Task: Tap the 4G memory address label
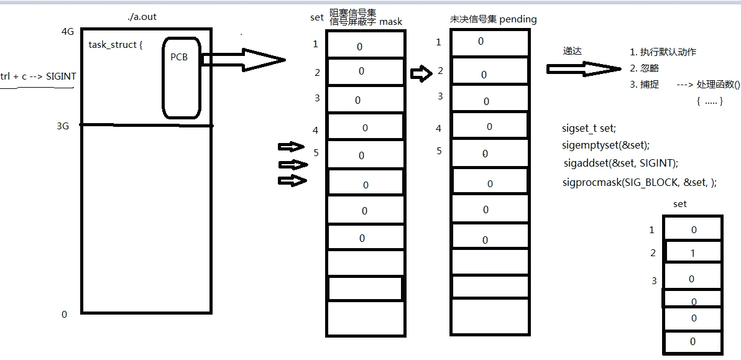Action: [68, 32]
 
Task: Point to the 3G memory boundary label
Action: [63, 126]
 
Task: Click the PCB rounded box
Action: [181, 78]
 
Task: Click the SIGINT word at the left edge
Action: [60, 76]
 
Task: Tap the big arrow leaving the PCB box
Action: [249, 59]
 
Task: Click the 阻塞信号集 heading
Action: [352, 12]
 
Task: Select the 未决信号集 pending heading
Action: [493, 19]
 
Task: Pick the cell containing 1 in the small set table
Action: [693, 252]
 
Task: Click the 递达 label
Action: [573, 52]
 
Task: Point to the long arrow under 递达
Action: [584, 68]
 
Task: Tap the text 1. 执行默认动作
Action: [663, 52]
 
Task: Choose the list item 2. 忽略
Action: [644, 68]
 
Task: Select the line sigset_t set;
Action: [588, 129]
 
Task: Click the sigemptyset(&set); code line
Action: [605, 145]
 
